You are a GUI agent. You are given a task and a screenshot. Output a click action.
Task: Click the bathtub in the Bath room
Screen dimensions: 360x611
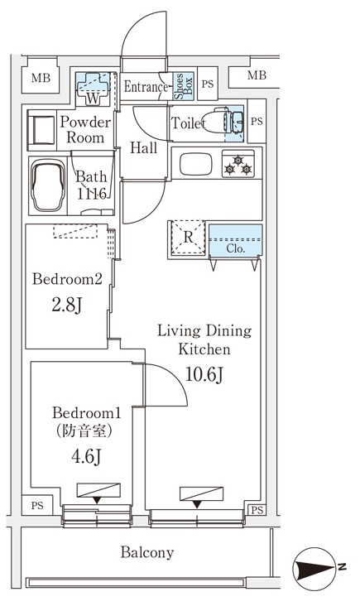[48, 186]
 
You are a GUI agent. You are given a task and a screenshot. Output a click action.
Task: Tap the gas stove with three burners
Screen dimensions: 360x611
[238, 164]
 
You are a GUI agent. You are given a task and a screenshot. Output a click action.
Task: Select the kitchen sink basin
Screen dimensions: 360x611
[196, 164]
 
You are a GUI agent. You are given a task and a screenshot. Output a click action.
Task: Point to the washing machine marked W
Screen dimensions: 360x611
[93, 89]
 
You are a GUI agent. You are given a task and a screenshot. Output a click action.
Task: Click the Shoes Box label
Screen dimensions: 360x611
[183, 86]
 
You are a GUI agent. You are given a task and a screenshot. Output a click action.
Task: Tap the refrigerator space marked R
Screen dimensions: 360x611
[188, 238]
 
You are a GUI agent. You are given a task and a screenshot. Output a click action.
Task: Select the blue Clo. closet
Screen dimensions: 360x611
[235, 240]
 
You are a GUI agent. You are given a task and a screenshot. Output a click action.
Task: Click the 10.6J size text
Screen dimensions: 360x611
[204, 375]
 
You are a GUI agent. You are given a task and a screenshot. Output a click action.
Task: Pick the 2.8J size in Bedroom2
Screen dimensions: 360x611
[67, 305]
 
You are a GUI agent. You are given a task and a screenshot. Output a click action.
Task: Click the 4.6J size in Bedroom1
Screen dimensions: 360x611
[87, 457]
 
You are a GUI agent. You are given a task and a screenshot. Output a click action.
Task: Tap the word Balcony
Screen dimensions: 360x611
[146, 552]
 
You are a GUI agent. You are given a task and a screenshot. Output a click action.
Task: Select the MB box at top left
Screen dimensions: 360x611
[41, 78]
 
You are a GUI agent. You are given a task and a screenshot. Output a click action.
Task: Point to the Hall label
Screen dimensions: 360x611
[143, 147]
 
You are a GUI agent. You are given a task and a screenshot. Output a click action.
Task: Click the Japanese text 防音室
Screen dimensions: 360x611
[84, 431]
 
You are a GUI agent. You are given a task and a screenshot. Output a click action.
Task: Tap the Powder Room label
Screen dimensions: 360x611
[85, 130]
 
